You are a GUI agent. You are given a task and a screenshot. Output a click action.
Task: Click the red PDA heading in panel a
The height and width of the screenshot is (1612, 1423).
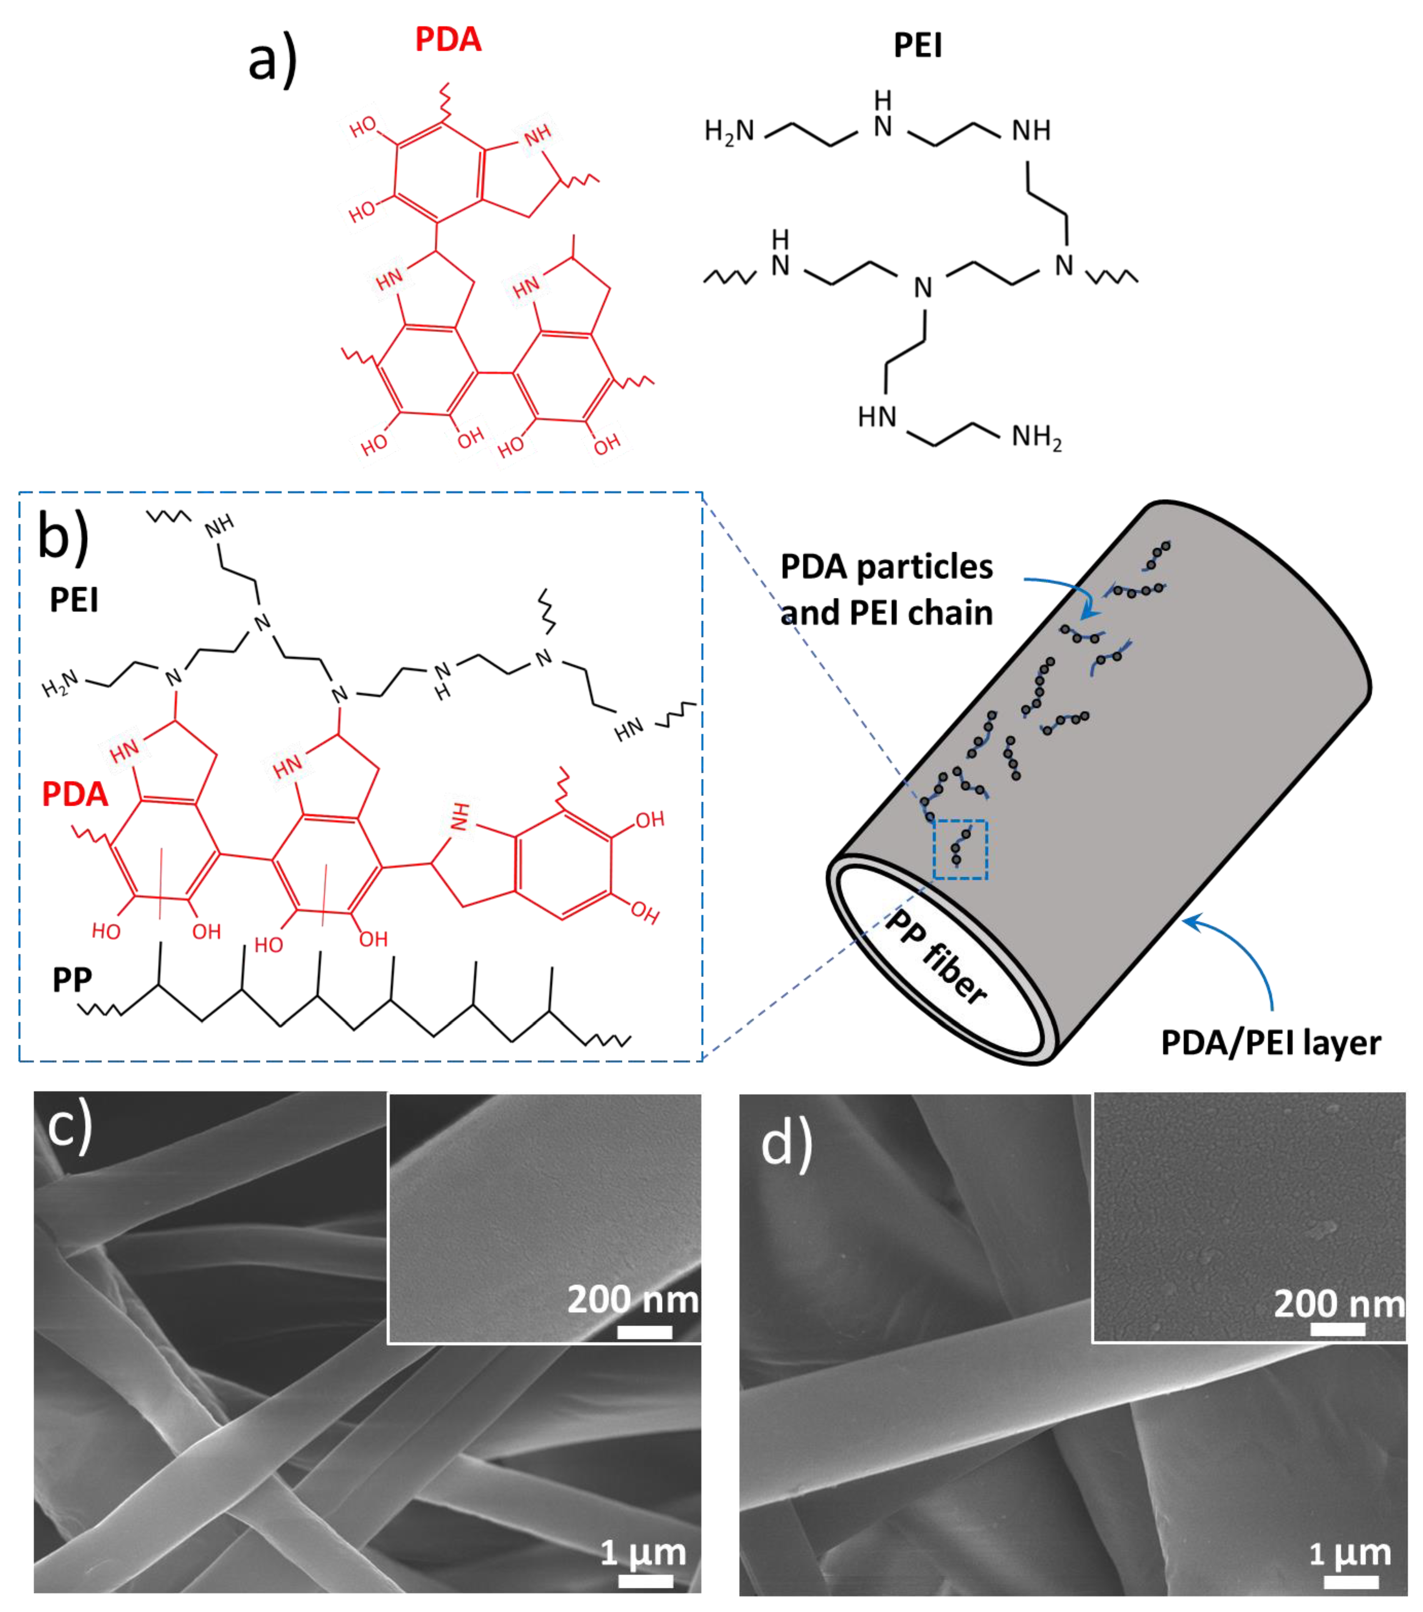tap(448, 40)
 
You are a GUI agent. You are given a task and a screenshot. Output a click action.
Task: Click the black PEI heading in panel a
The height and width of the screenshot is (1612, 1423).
tap(918, 46)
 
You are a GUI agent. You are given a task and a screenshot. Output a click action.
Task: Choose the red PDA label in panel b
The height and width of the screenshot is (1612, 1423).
tap(75, 794)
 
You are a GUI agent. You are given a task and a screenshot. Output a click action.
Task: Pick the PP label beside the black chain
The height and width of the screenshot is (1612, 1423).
tap(72, 980)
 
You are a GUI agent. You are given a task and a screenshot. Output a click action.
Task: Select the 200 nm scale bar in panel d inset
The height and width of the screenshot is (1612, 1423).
tap(1338, 1330)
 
